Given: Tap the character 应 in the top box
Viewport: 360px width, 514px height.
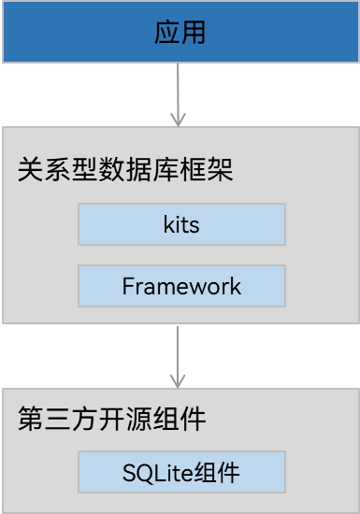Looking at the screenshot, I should [x=166, y=34].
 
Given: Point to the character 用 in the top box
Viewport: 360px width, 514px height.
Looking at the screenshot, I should [x=194, y=34].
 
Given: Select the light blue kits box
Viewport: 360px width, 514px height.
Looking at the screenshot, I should [x=180, y=225].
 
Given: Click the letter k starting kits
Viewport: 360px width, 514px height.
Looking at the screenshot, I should [x=166, y=225].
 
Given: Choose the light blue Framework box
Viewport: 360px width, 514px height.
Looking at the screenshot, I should [x=180, y=286].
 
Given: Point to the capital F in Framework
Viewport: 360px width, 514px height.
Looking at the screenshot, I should [x=128, y=286].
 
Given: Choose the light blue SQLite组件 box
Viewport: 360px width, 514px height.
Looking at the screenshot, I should [x=180, y=473].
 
